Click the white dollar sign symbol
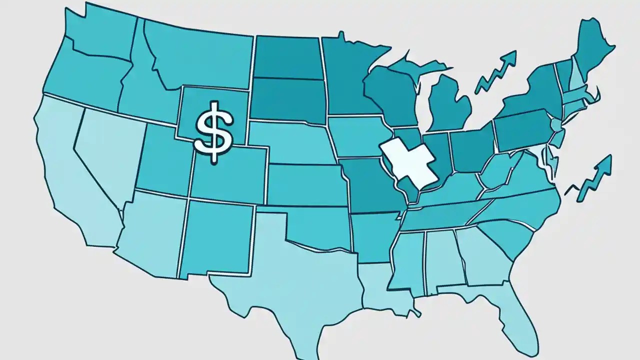tap(214, 131)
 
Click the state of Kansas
tap(305, 182)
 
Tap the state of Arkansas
tap(372, 235)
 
